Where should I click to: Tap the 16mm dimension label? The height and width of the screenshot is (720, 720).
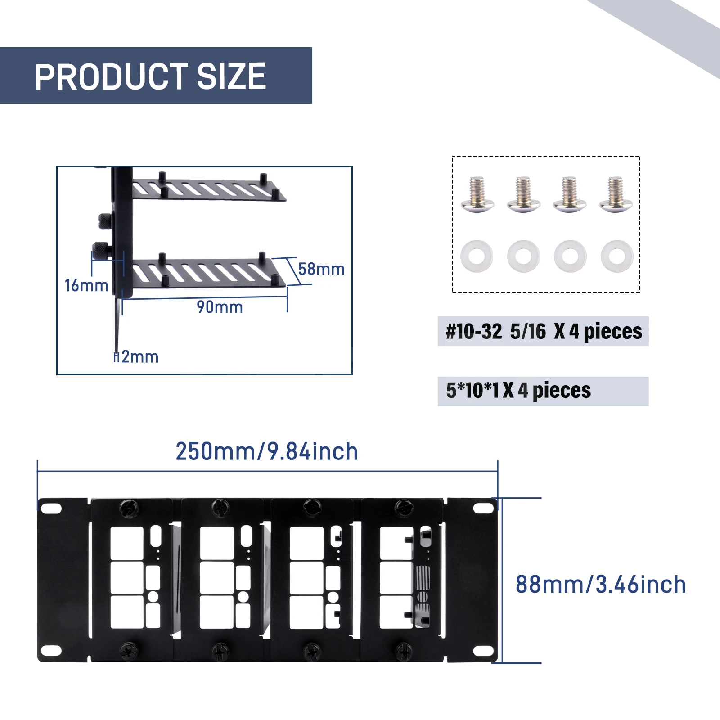[86, 285]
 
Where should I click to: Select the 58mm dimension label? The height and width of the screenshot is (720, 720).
[321, 269]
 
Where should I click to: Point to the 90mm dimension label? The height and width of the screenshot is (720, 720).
[220, 307]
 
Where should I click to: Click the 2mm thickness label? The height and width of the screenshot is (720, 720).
[139, 357]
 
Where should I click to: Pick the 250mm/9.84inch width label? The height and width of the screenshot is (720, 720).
[266, 451]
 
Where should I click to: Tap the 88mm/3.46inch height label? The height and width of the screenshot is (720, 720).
[600, 585]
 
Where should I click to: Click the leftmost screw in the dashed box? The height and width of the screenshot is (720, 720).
[477, 195]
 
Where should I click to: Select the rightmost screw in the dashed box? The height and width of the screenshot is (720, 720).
[616, 195]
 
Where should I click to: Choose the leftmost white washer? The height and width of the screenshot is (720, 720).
[477, 256]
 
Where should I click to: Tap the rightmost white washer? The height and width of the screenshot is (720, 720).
[617, 256]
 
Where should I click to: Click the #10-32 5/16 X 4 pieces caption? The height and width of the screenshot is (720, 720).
[543, 332]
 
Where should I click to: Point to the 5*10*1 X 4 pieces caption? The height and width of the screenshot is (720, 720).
[518, 391]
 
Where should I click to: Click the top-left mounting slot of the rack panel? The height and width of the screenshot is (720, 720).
[51, 508]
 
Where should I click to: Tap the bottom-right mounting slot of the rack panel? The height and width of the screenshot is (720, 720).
[483, 651]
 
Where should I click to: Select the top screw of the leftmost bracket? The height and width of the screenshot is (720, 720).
[129, 508]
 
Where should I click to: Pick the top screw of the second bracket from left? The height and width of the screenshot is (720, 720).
[220, 508]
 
